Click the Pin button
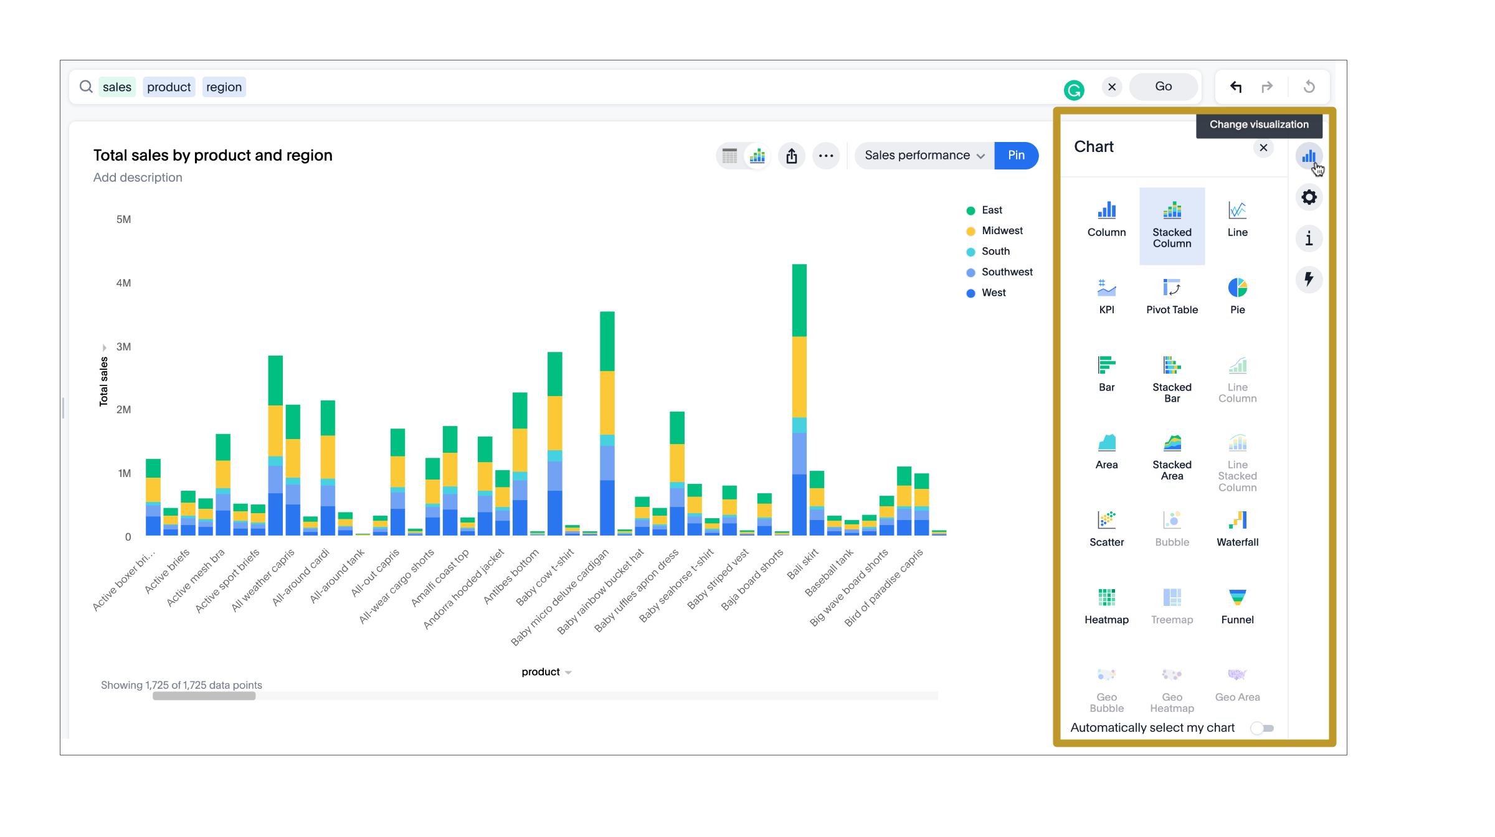point(1016,155)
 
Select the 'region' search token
point(224,87)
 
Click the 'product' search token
point(169,87)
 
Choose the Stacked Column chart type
point(1172,225)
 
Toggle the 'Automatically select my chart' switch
point(1263,728)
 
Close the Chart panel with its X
point(1263,148)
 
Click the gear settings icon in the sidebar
point(1309,197)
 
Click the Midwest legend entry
point(1002,230)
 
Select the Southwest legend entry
point(1007,272)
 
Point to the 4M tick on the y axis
point(123,283)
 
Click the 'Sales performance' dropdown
point(924,155)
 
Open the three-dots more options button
point(826,156)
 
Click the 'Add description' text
point(138,177)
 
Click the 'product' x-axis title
point(541,672)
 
